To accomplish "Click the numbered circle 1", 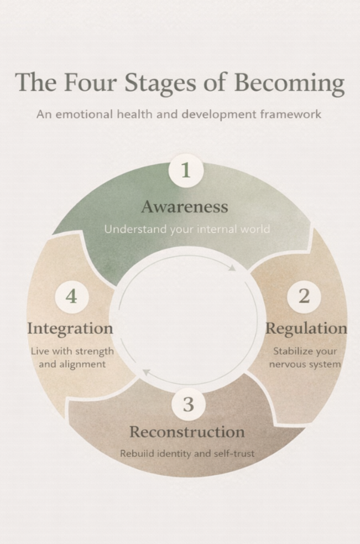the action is pos(186,170).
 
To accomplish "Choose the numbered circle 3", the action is pos(188,404).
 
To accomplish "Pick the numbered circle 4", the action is pos(71,297).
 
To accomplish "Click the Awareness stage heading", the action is pos(184,207).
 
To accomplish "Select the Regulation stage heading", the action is pos(306,328).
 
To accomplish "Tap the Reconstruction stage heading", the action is pos(187,432).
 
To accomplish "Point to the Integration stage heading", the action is pos(70,328).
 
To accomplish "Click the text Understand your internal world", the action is pos(187,229).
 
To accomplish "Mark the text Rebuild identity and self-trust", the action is pos(187,454).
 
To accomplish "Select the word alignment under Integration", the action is pos(82,365).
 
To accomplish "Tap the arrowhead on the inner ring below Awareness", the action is pos(232,267).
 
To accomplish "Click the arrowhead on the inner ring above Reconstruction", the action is pos(145,372).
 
